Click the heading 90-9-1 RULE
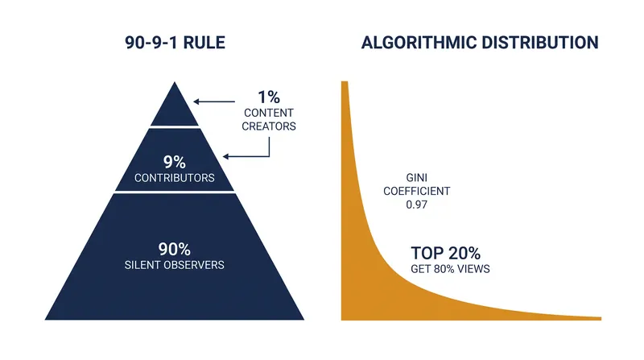tap(175, 43)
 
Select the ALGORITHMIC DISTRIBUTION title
tap(480, 43)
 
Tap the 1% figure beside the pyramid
tap(269, 97)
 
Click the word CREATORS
tap(269, 126)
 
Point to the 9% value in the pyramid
tap(175, 163)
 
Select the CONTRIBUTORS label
tap(175, 178)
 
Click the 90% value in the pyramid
tap(175, 249)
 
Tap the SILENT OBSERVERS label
tap(175, 265)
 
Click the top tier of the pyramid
tap(175, 109)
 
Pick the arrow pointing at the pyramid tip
tap(214, 101)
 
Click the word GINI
tap(416, 177)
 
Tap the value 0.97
tap(416, 205)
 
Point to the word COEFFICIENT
tap(416, 191)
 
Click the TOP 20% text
tap(446, 253)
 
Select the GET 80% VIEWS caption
tap(450, 269)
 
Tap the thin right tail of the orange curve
tap(575, 317)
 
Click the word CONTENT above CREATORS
tap(269, 113)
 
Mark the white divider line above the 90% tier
tap(175, 192)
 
